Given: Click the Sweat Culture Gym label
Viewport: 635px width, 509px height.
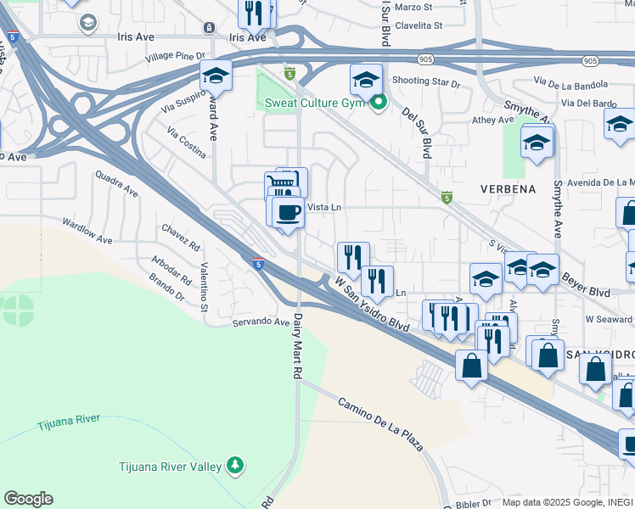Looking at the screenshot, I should click(x=314, y=103).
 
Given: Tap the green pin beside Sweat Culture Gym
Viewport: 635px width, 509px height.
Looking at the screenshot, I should click(x=379, y=103).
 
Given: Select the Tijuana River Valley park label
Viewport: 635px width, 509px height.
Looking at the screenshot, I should click(x=170, y=466).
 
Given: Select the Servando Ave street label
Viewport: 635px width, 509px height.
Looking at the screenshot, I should click(x=262, y=322).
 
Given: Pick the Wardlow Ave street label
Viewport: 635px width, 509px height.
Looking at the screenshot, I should click(x=87, y=229).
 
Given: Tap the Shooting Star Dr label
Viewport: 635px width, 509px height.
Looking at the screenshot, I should click(x=425, y=83).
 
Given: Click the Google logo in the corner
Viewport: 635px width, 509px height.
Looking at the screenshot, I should click(x=28, y=499).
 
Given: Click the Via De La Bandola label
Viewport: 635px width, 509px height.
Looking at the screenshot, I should click(x=570, y=84).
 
